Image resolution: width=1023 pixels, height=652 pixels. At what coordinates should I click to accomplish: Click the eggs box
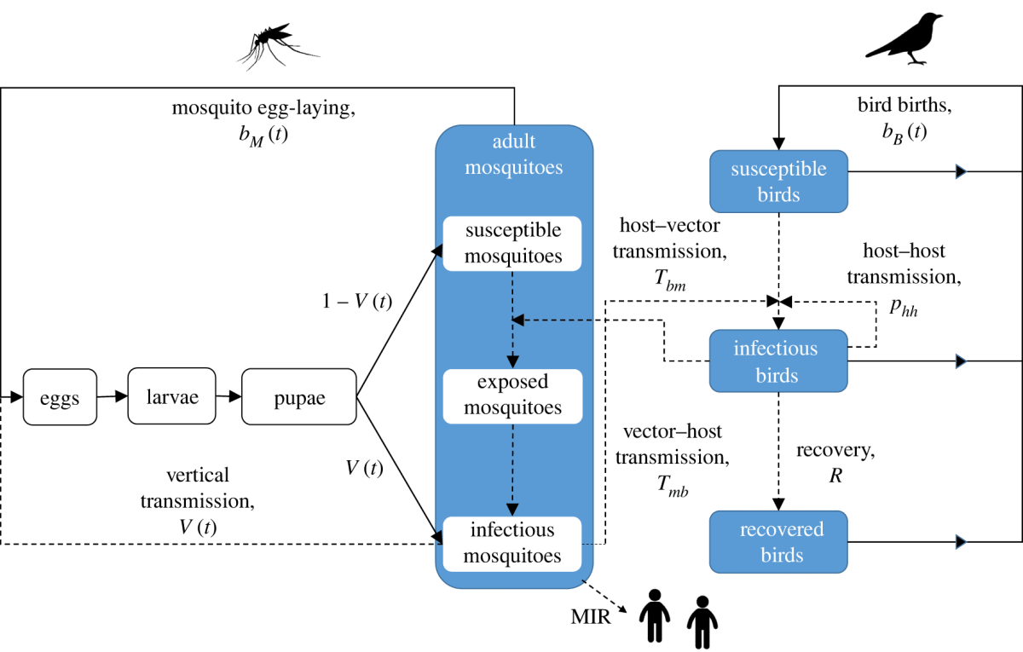(60, 397)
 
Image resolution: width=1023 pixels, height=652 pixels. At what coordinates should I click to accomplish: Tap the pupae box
(298, 396)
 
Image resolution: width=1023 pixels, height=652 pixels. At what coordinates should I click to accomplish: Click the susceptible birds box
(778, 182)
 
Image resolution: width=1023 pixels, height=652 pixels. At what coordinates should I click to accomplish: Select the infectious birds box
(778, 361)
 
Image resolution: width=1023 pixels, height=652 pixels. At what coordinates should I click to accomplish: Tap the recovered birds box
(778, 541)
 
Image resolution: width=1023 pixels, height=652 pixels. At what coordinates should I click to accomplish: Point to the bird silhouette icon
(905, 38)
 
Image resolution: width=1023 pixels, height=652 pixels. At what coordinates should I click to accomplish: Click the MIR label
(591, 616)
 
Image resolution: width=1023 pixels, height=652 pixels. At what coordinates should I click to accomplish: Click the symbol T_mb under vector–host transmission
(673, 487)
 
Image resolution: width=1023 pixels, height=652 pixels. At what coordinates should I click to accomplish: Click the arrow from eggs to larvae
(112, 396)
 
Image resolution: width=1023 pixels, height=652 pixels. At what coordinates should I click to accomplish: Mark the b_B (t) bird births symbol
(892, 132)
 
